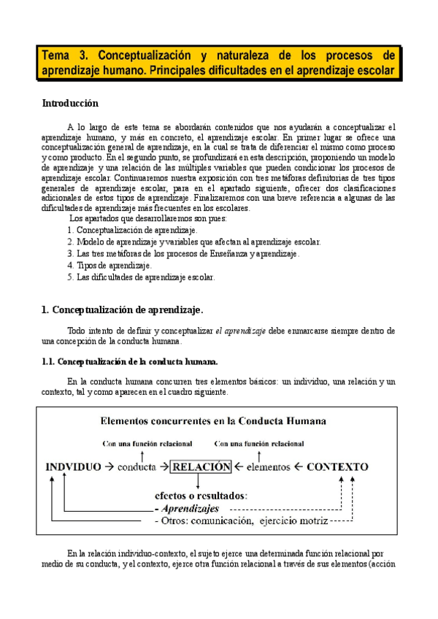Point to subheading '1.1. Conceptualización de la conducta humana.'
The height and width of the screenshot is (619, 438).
pos(129,361)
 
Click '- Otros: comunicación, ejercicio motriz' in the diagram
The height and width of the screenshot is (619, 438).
pos(241,520)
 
